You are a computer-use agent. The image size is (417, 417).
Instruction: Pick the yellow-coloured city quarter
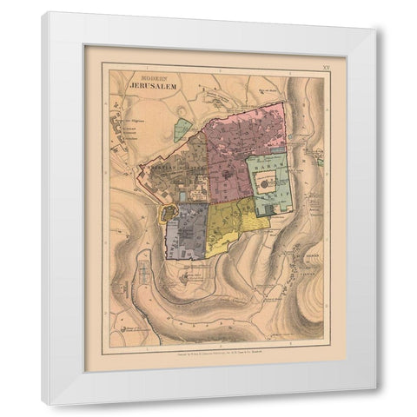coord(230,224)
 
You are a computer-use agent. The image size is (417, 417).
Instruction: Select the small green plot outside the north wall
coord(182,130)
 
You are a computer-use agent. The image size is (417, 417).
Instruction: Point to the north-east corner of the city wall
coord(283,105)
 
